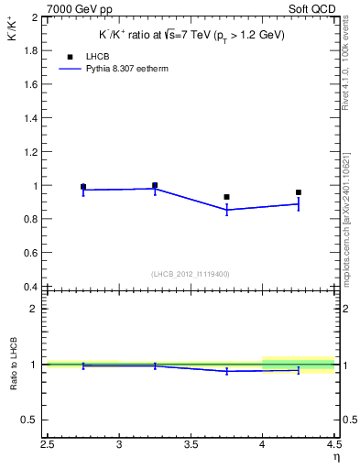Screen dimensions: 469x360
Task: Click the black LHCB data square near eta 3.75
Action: point(226,197)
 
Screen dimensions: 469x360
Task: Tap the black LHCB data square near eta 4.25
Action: point(299,192)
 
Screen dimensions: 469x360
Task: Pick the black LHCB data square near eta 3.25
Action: point(155,185)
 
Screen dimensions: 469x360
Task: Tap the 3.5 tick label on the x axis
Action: point(191,445)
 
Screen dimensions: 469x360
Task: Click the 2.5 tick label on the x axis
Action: point(48,445)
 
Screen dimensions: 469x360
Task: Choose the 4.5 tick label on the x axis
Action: point(333,445)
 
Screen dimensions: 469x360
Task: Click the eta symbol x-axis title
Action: point(336,457)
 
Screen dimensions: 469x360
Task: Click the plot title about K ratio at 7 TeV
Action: point(191,35)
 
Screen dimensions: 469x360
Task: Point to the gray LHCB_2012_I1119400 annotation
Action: point(191,273)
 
